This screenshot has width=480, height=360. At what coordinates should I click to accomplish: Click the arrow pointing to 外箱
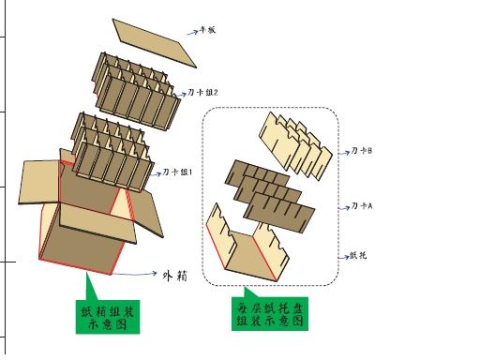click(x=142, y=274)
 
